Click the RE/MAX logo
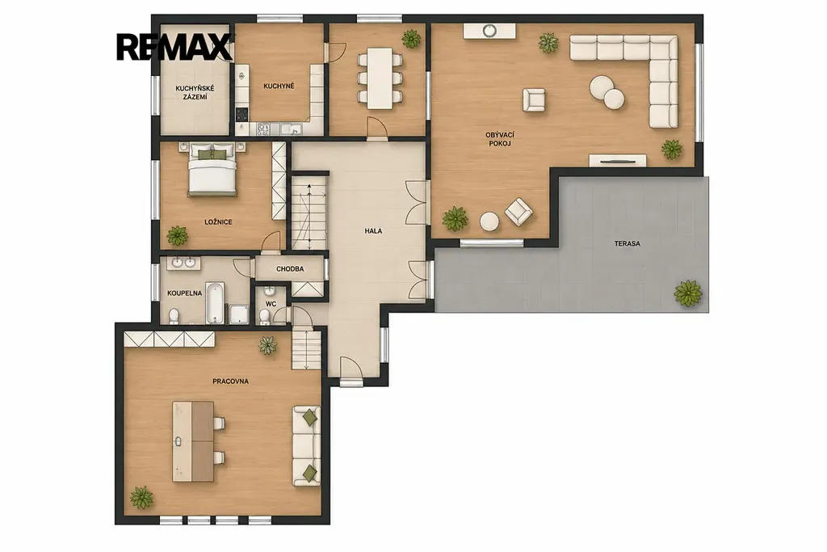[174, 47]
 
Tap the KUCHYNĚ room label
[279, 86]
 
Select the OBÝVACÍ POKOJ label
[499, 139]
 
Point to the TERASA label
[627, 244]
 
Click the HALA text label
[373, 231]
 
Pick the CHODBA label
[290, 269]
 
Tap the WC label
[271, 305]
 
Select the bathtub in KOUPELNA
[215, 303]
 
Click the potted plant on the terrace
[688, 293]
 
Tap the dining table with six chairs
[380, 78]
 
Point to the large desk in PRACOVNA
[193, 441]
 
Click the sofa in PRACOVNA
[307, 446]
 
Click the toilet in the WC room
[265, 317]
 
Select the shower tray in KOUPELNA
[239, 314]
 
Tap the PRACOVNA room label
[230, 381]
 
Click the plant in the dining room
[411, 39]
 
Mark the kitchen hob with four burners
[242, 114]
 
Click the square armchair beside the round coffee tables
[534, 99]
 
